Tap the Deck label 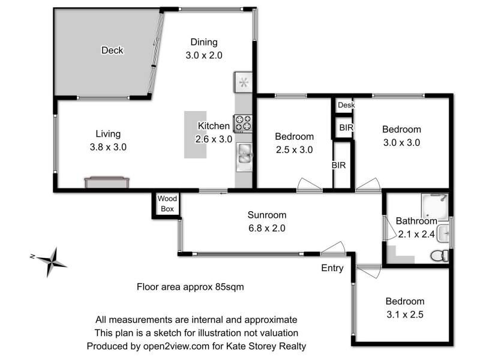click(x=112, y=50)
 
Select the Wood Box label click(x=166, y=205)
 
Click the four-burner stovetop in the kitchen click(x=243, y=123)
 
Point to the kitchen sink click(x=245, y=154)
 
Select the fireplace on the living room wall click(x=107, y=182)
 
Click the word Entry click(x=332, y=268)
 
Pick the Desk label click(x=346, y=106)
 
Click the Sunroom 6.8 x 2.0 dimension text click(x=267, y=228)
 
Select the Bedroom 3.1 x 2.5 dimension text click(x=405, y=313)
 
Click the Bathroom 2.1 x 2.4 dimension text click(x=415, y=234)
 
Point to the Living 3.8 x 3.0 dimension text click(x=108, y=146)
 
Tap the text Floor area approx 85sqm click(x=190, y=287)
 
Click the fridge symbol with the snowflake click(x=244, y=83)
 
